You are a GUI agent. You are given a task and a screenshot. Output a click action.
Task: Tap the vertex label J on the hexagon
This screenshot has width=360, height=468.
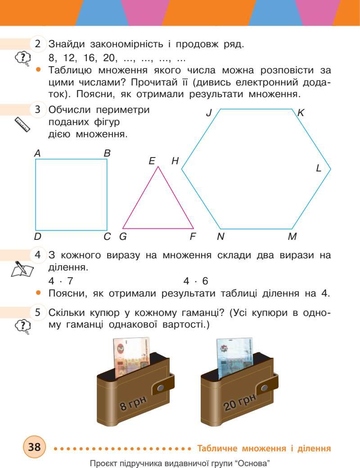point(209,113)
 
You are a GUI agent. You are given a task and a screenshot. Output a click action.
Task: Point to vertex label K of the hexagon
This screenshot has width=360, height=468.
point(301,113)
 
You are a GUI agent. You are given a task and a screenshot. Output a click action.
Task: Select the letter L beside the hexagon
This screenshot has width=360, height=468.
point(319,168)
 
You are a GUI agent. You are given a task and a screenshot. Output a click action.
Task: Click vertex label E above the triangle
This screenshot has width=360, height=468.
point(152,161)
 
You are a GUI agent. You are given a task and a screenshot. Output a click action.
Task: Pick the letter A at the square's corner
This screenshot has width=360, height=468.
point(37,153)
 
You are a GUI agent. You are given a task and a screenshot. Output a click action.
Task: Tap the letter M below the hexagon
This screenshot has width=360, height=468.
point(292,236)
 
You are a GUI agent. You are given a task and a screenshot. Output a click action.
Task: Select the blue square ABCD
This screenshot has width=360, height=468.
point(71,194)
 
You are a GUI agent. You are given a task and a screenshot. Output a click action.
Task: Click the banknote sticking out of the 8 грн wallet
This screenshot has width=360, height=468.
point(128,351)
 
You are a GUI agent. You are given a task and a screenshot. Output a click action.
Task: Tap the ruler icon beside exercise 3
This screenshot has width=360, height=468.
point(22,124)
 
